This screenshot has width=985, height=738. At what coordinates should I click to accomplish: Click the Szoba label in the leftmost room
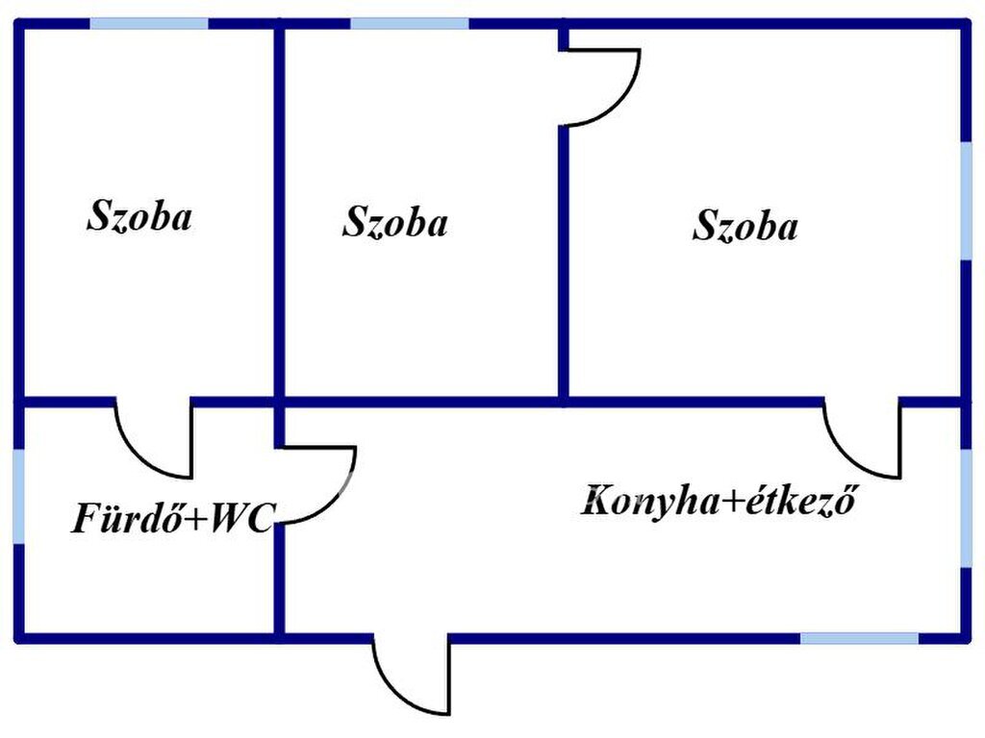139,216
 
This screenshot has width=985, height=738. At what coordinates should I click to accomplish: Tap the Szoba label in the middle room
395,222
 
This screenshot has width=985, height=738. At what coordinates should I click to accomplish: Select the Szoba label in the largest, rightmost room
745,225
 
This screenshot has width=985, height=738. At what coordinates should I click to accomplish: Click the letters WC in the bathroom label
241,518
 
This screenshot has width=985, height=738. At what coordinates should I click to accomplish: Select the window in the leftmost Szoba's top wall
149,24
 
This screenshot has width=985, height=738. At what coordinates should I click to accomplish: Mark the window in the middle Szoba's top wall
410,24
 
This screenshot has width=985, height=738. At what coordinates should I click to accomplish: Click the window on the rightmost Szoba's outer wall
966,201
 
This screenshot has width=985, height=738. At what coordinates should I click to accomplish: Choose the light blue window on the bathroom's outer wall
19,497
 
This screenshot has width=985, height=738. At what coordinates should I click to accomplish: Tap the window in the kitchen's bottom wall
859,638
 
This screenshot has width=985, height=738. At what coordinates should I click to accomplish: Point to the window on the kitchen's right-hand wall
966,508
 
